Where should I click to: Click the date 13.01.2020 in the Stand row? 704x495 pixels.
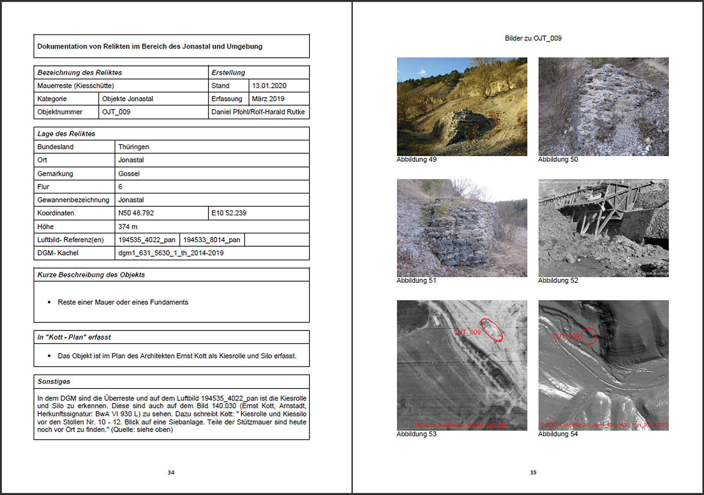click(x=269, y=86)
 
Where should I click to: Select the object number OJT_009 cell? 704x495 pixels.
click(x=116, y=112)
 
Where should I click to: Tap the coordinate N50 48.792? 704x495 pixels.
click(x=136, y=213)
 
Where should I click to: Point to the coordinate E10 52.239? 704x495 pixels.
click(x=229, y=213)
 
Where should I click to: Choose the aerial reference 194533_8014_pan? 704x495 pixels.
click(x=212, y=240)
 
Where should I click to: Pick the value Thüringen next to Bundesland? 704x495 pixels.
click(x=133, y=147)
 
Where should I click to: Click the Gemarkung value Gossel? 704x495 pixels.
click(x=129, y=174)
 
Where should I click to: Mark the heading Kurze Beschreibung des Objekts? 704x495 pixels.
click(x=91, y=275)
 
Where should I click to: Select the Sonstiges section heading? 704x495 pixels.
click(x=54, y=382)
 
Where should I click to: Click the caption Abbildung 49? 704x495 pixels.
click(x=416, y=160)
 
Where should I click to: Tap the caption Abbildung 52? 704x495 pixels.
click(x=558, y=281)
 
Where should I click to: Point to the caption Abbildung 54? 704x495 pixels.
click(x=558, y=434)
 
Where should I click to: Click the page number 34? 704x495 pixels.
click(x=171, y=472)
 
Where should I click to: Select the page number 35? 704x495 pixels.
click(x=533, y=472)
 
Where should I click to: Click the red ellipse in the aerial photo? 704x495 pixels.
click(x=491, y=330)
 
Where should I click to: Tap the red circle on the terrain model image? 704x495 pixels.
click(x=589, y=336)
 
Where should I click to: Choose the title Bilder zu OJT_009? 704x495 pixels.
click(x=533, y=38)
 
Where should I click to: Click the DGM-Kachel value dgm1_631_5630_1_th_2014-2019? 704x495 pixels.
click(x=171, y=253)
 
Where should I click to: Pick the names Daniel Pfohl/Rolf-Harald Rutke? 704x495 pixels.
click(x=258, y=112)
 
